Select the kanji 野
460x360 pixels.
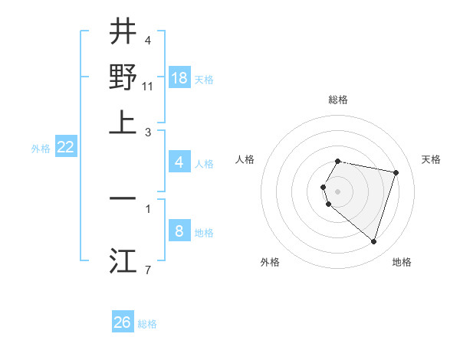pos(123,77)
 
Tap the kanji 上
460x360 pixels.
pos(123,122)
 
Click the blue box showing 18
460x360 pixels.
pos(179,77)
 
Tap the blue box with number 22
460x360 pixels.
pos(65,147)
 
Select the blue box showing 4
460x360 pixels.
pos(179,162)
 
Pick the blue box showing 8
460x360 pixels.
pos(179,231)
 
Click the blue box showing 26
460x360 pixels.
pos(123,322)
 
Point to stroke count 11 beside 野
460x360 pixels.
pos(149,87)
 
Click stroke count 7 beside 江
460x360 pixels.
pos(148,270)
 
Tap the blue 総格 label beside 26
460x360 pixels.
pos(147,324)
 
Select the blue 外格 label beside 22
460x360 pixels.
pos(40,149)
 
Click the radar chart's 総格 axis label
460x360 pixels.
pos(338,100)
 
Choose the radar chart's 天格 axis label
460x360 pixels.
pos(432,159)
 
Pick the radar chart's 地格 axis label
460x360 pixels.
pos(402,262)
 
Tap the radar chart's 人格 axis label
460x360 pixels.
pos(245,159)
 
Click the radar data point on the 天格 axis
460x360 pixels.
pos(396,172)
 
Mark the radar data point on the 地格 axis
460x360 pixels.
pos(373,241)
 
